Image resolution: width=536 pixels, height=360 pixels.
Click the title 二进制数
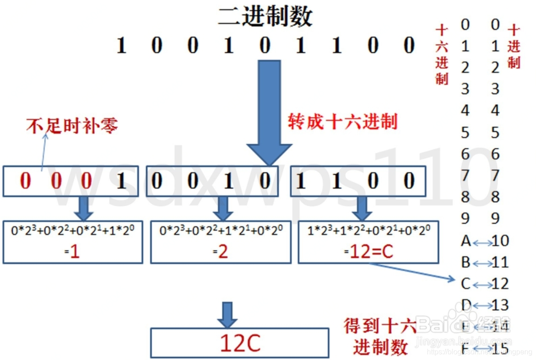[265, 17]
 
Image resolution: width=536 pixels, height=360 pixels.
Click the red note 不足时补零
[72, 126]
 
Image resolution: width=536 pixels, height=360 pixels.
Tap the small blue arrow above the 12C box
[227, 314]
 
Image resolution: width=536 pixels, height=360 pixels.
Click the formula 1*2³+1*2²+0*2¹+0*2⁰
[368, 231]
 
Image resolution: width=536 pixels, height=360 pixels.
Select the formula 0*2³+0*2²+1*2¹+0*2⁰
[221, 231]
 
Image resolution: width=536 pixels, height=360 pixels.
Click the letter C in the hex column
[465, 284]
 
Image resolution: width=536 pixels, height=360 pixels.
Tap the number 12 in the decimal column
[500, 284]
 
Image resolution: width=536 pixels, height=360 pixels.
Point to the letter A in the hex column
[466, 241]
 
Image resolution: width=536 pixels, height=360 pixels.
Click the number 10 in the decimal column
[500, 241]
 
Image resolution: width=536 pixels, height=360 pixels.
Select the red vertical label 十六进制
[442, 54]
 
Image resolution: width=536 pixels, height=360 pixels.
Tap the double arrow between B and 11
[482, 263]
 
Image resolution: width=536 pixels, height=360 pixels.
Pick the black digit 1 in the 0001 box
[121, 181]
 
